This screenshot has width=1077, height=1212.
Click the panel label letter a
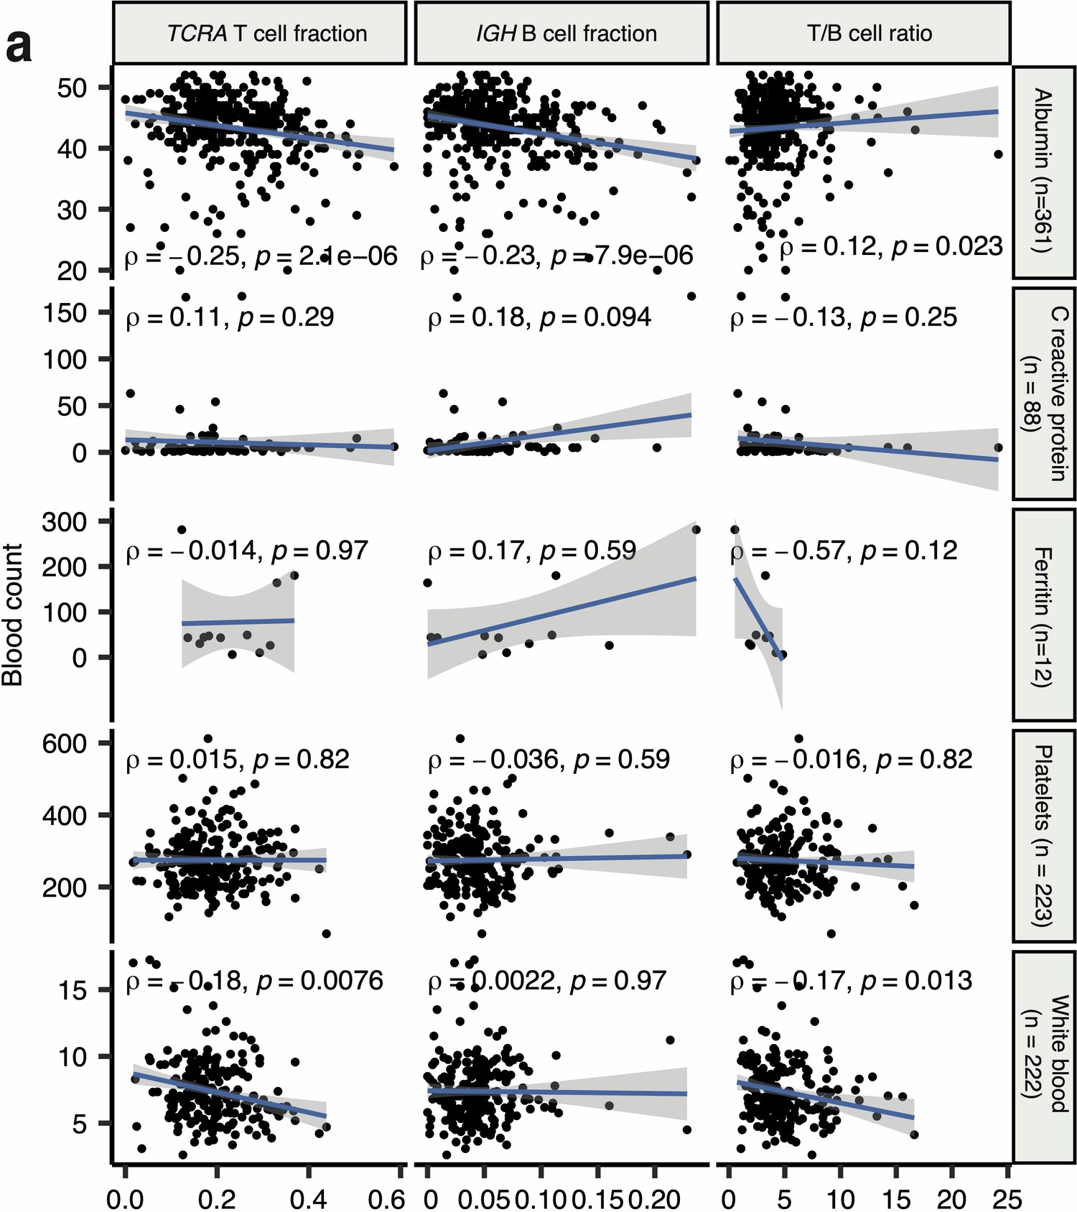[19, 47]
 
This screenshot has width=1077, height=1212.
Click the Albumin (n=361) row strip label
[1043, 171]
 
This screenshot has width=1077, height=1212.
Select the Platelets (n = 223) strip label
[1043, 835]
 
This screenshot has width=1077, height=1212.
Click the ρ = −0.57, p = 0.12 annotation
[844, 551]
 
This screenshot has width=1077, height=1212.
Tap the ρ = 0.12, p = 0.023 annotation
[891, 247]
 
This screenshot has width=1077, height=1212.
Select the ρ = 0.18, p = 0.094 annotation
[540, 317]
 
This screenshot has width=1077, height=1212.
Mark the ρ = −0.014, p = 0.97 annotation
[247, 551]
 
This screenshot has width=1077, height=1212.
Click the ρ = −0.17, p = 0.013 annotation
[851, 981]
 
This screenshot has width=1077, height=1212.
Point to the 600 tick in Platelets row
[65, 744]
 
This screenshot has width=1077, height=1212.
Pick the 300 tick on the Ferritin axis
[65, 522]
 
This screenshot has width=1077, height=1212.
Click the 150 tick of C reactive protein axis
[65, 313]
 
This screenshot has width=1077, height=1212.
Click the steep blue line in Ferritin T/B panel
[757, 617]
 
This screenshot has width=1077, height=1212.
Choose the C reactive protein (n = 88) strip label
[1045, 393]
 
